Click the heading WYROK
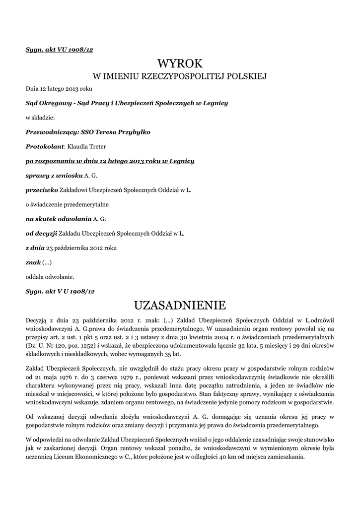(x=180, y=63)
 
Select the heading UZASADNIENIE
(x=180, y=304)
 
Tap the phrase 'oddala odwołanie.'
(x=50, y=276)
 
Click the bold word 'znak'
(x=33, y=262)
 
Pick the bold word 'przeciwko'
(x=42, y=190)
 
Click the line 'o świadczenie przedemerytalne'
(x=67, y=204)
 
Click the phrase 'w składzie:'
(x=40, y=118)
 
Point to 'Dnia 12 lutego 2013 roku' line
(x=59, y=89)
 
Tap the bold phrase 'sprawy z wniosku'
(x=54, y=175)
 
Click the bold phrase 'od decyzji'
(x=41, y=233)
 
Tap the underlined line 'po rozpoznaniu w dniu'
(x=110, y=161)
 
